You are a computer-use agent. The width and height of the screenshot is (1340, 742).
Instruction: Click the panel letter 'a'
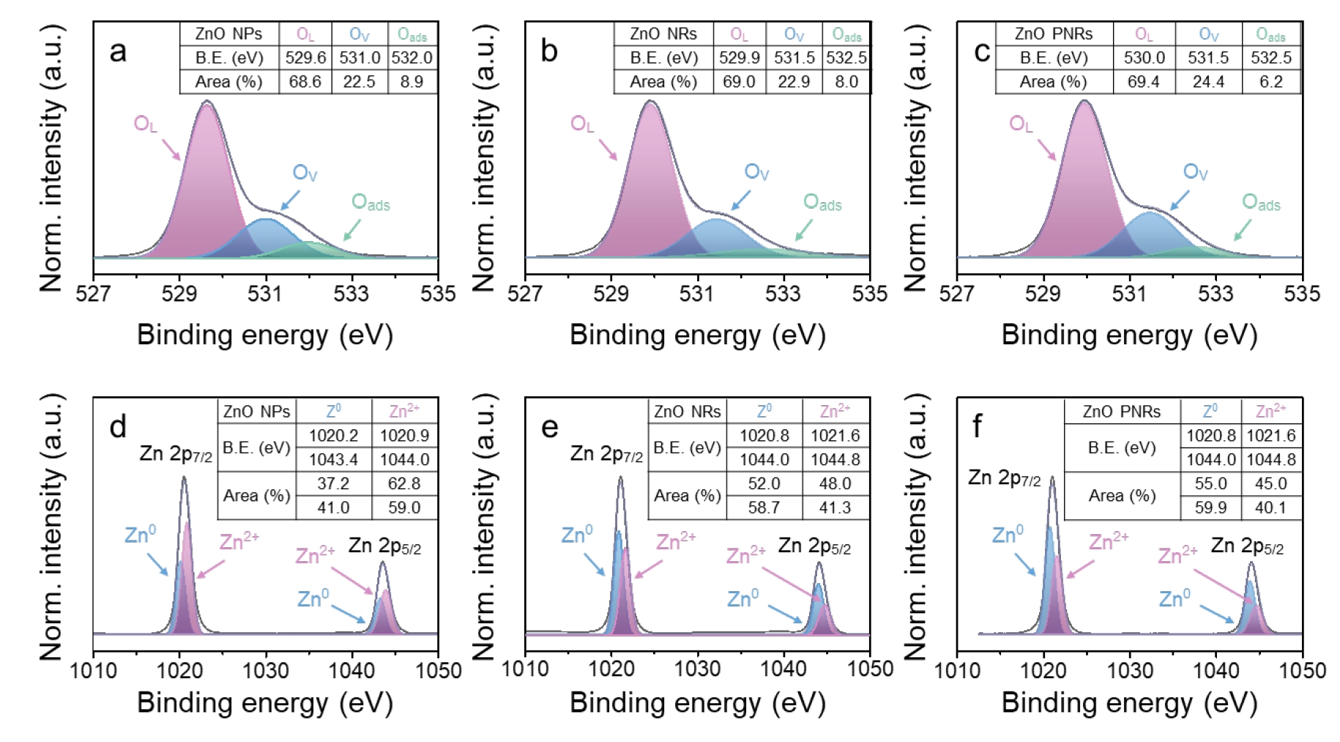pos(117,51)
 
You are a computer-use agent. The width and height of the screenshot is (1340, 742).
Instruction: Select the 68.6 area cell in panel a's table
pos(305,81)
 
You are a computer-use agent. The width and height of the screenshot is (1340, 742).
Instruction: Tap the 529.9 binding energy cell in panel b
pos(739,57)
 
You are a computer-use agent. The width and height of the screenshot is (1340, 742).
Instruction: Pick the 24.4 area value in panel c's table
pos(1208,81)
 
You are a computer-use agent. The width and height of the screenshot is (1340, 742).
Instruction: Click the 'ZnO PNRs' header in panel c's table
pos(1053,34)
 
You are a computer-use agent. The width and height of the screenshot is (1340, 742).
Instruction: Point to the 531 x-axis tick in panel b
pos(696,294)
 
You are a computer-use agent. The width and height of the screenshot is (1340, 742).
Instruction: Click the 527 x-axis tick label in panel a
pos(93,294)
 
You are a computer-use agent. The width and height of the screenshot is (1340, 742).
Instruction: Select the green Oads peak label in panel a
pos(371,202)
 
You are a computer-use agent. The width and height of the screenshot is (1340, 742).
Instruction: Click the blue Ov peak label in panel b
pos(756,173)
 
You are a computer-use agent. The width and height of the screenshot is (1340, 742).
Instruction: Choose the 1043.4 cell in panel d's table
pos(333,459)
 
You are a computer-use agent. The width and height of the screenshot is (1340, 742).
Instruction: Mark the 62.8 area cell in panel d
pos(404,483)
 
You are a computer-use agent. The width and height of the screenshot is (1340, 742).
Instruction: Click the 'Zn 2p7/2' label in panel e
pos(606,454)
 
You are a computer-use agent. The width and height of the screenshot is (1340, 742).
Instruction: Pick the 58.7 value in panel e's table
pos(764,507)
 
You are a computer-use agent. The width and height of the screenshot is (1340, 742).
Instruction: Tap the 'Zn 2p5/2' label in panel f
pos(1247,546)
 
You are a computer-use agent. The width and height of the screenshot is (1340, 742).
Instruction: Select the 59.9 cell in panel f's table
pos(1210,507)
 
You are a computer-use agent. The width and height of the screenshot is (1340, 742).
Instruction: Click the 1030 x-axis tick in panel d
pos(265,670)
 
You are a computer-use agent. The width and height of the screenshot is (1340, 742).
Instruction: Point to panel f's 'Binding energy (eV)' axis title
pos(1129,702)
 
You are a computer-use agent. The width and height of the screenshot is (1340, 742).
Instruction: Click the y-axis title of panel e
pos(485,527)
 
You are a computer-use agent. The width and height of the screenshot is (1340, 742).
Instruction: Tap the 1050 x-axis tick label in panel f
pos(1302,670)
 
